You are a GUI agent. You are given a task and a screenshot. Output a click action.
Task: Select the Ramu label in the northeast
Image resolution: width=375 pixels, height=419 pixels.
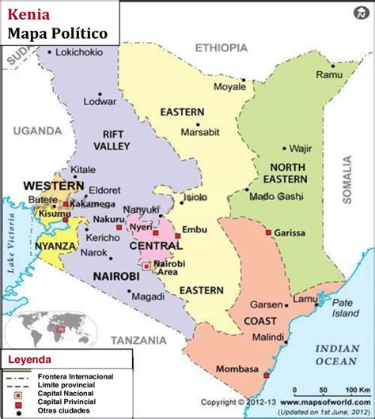pos(328,74)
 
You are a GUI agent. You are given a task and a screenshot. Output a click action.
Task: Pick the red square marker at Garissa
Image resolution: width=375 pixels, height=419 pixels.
pos(269,232)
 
